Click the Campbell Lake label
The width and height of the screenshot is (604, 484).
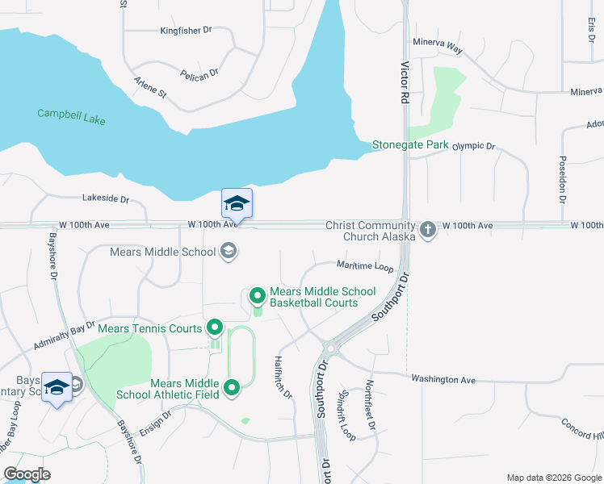click(x=71, y=115)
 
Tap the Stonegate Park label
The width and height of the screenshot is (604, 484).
click(x=409, y=145)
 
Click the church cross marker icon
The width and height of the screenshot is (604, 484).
click(x=428, y=230)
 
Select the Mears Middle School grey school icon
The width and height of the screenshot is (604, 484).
click(x=229, y=252)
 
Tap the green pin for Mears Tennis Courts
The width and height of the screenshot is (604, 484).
click(x=215, y=328)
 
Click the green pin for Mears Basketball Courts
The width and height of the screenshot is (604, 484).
click(x=258, y=296)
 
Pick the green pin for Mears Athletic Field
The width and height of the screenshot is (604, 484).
click(x=232, y=389)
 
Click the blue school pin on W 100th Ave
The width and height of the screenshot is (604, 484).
click(x=237, y=203)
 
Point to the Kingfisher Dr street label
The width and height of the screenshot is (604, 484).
click(x=185, y=30)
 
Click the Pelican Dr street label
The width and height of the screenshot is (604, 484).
click(x=200, y=73)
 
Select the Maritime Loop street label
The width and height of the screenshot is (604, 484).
click(x=365, y=265)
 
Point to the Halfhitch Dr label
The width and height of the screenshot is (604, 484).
click(x=283, y=378)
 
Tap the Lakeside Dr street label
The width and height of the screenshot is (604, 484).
click(x=106, y=198)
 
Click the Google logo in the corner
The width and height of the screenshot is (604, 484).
click(x=27, y=474)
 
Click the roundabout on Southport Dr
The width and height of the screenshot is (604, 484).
click(x=329, y=349)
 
